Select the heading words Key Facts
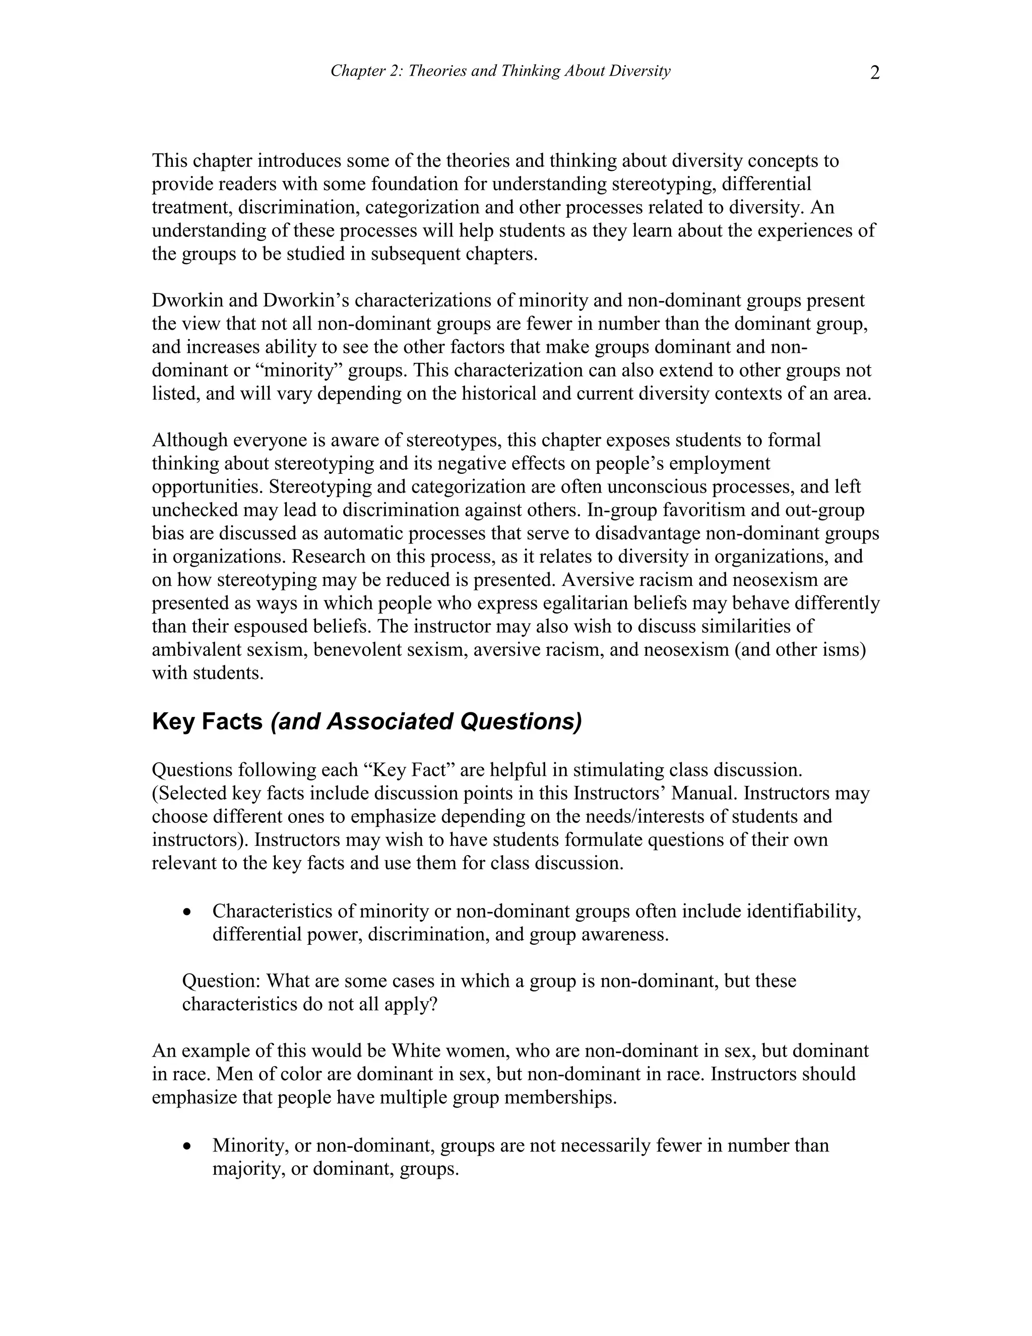(207, 722)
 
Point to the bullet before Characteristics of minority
(187, 912)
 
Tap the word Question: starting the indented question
(221, 981)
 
